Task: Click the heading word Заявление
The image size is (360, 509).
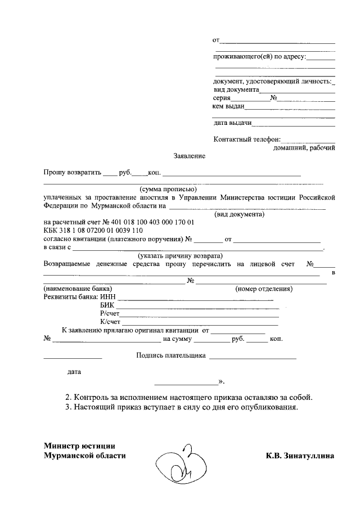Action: pos(189,155)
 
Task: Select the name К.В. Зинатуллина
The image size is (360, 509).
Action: pos(300,456)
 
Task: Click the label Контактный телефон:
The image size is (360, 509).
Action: pos(246,139)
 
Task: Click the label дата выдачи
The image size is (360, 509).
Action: pos(232,123)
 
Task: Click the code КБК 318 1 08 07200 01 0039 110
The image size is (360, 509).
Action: pos(93,231)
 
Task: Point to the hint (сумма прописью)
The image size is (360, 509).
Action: pos(168,189)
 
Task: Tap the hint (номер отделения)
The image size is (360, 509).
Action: pos(263,289)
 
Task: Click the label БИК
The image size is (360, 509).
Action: pos(106,305)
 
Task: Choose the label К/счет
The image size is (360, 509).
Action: pos(110,322)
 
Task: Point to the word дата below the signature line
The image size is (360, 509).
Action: pos(74,372)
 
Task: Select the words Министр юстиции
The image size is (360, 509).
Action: pos(80,445)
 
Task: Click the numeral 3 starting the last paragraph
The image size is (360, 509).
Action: pos(67,407)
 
